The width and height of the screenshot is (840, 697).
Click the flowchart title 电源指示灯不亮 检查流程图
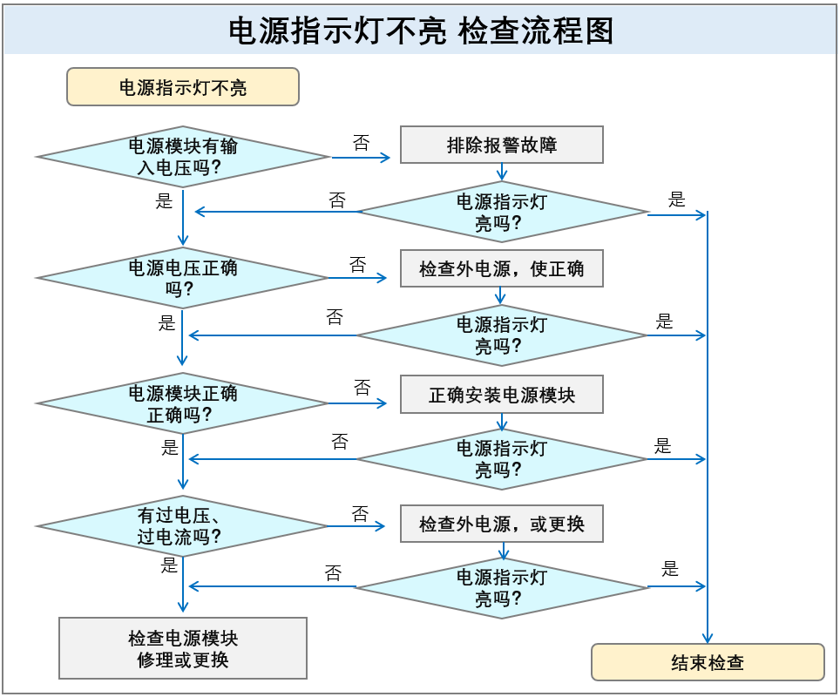click(421, 30)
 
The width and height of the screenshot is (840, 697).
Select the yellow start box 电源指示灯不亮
click(183, 87)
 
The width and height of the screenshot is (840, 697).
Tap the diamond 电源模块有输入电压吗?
click(183, 157)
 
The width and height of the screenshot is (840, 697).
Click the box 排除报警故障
click(502, 145)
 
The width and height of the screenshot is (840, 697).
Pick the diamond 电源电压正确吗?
click(183, 278)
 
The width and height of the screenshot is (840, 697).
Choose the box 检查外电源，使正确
click(502, 268)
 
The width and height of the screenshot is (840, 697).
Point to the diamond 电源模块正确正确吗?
click(183, 403)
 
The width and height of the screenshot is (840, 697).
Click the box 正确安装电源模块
click(502, 395)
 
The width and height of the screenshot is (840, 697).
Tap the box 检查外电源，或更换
click(502, 524)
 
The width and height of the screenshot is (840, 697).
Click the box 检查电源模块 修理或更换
click(183, 648)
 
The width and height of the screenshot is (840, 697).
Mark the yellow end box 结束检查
click(708, 662)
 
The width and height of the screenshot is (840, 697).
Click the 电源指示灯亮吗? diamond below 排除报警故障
click(502, 212)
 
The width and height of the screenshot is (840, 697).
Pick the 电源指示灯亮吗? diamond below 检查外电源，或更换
click(502, 587)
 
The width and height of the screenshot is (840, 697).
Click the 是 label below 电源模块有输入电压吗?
click(165, 201)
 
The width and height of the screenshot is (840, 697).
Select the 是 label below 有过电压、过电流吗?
click(169, 565)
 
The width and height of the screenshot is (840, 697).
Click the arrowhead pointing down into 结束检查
click(708, 639)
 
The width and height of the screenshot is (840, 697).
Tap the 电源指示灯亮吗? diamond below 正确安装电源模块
click(502, 459)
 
